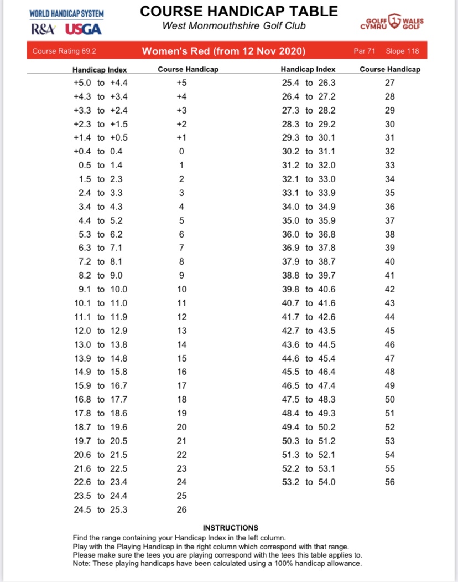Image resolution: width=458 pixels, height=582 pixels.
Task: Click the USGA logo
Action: pyautogui.click(x=83, y=29)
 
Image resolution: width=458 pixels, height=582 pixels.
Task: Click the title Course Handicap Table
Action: pyautogui.click(x=238, y=11)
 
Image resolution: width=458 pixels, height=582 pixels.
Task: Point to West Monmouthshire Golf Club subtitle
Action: pyautogui.click(x=234, y=26)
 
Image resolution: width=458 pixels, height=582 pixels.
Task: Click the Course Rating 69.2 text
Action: pyautogui.click(x=64, y=51)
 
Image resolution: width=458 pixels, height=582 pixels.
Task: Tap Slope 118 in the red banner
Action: pyautogui.click(x=402, y=51)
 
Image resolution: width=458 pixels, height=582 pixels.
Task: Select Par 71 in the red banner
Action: pyautogui.click(x=365, y=51)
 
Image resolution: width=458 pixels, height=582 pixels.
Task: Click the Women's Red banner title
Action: pyautogui.click(x=224, y=51)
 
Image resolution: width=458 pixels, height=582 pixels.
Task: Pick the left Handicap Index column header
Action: pyautogui.click(x=100, y=70)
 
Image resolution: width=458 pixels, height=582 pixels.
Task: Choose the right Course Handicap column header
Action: pyautogui.click(x=389, y=70)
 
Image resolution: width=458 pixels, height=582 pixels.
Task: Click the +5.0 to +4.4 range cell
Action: pyautogui.click(x=101, y=83)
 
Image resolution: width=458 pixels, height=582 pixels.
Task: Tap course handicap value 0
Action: pyautogui.click(x=181, y=152)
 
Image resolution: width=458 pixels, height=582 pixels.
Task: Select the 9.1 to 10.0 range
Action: pyautogui.click(x=101, y=289)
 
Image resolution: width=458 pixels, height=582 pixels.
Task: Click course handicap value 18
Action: pyautogui.click(x=181, y=399)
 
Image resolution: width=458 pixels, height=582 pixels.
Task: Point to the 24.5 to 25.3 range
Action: pyautogui.click(x=101, y=509)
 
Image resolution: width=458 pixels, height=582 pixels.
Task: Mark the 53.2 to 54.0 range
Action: pyautogui.click(x=309, y=482)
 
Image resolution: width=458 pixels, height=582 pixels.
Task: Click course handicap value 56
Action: pyautogui.click(x=390, y=482)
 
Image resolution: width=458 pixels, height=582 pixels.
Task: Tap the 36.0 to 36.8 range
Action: pyautogui.click(x=309, y=234)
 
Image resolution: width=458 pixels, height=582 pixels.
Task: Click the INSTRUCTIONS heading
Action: pyautogui.click(x=231, y=528)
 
